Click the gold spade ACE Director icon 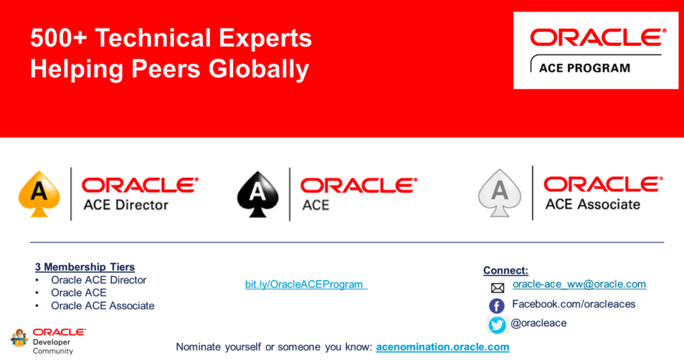[x=39, y=194]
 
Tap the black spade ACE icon [x=258, y=194]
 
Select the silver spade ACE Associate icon [x=500, y=193]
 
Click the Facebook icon [x=497, y=306]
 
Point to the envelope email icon [x=497, y=287]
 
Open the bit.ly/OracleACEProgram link [x=306, y=285]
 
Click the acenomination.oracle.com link [x=443, y=347]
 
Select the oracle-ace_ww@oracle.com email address [x=579, y=284]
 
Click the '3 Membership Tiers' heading [x=85, y=267]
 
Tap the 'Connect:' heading [x=505, y=270]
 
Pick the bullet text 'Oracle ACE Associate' [x=103, y=306]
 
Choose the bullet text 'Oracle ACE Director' [x=98, y=280]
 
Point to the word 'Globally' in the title [x=259, y=70]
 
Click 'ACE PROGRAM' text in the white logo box [x=585, y=68]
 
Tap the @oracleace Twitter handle [x=539, y=323]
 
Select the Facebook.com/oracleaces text [x=574, y=304]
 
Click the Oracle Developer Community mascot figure [x=19, y=338]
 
